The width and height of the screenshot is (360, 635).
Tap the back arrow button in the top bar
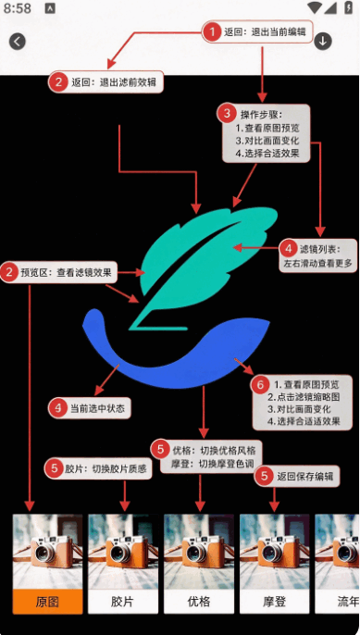point(18,42)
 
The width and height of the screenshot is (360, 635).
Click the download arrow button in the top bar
point(323,41)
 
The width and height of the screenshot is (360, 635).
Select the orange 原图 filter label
point(47,602)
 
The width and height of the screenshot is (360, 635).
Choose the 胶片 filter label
point(123,602)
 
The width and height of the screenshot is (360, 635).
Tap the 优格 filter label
point(199,602)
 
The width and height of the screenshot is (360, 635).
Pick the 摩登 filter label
point(275,602)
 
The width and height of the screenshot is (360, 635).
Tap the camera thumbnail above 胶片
point(123,552)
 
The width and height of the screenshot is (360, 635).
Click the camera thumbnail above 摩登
point(275,552)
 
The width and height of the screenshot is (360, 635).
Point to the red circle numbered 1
point(212,31)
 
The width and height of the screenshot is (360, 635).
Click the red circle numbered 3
point(227,114)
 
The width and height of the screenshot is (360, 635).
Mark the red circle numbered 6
point(260,385)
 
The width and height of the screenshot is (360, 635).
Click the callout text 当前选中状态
point(97,408)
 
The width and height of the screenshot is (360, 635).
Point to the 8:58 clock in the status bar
point(18,8)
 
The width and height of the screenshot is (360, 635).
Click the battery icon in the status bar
point(348,8)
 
